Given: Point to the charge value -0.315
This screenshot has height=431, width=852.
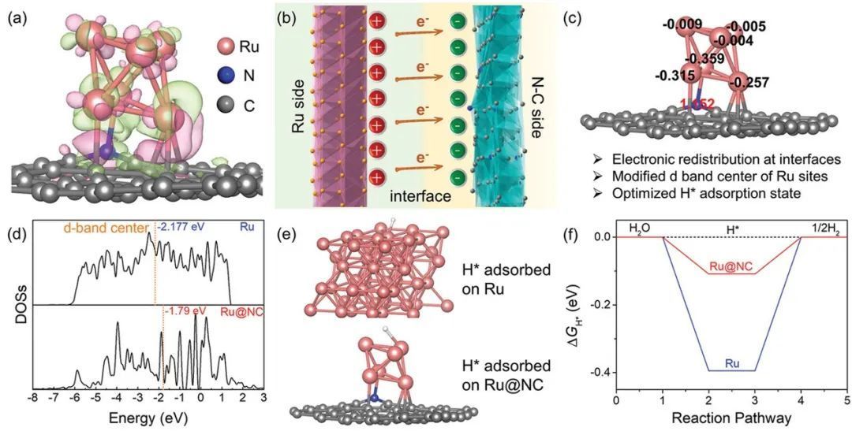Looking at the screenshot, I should point(673,75).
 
